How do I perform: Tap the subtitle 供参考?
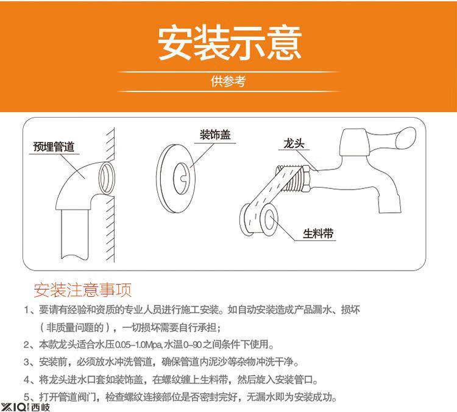228,81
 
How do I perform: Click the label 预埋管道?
54,146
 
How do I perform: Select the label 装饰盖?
215,135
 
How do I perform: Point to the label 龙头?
294,143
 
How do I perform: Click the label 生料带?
318,233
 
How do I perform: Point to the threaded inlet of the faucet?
294,179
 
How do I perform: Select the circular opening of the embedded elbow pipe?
107,178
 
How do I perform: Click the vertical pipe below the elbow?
74,234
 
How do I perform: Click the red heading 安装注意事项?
83,290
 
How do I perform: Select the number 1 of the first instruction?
27,310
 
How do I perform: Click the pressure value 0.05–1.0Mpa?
138,345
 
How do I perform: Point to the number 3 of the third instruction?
27,363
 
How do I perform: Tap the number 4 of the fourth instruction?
27,380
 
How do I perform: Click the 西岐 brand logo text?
40,407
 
